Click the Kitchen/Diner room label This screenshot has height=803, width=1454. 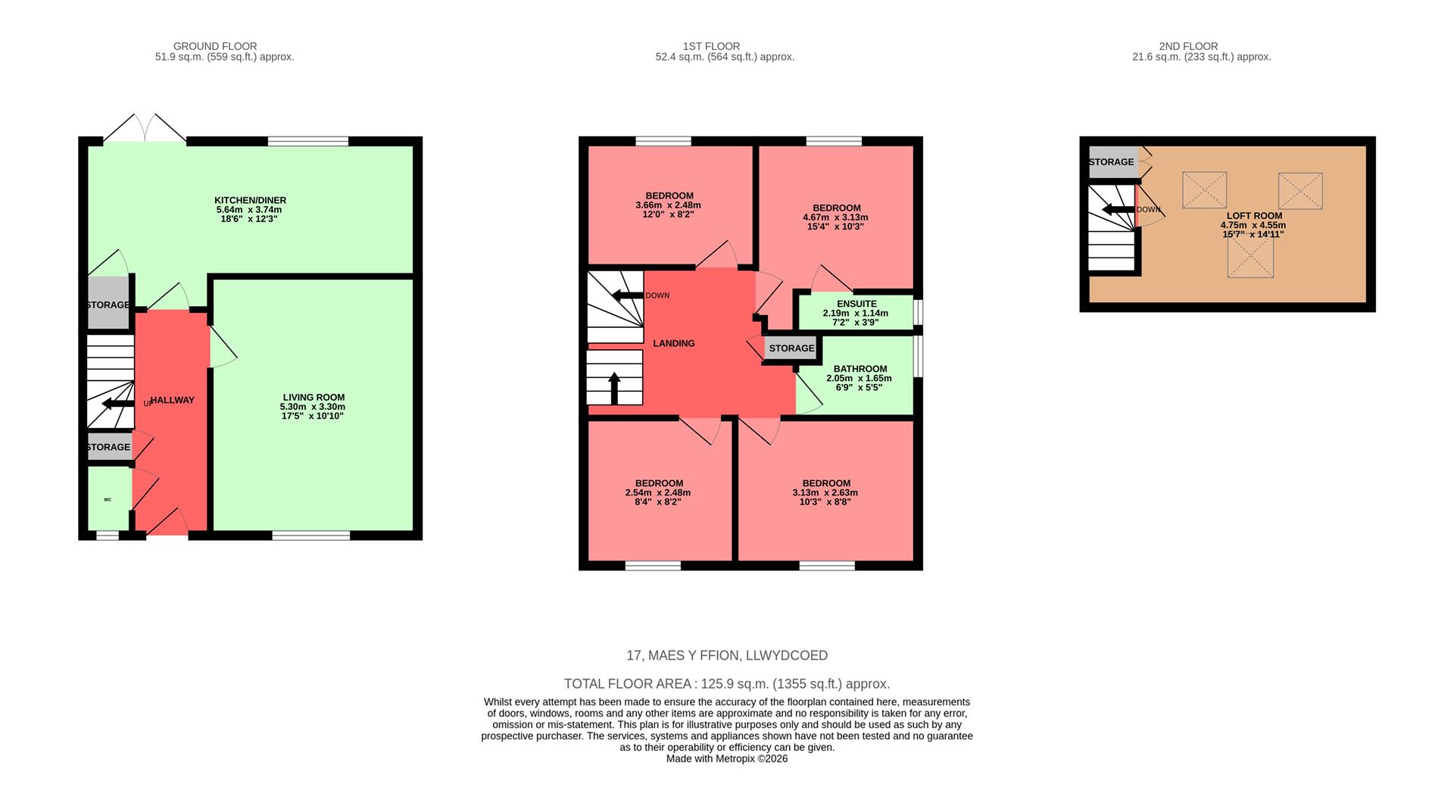click(250, 200)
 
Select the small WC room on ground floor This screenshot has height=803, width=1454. click(108, 498)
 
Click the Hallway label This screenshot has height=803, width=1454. click(173, 400)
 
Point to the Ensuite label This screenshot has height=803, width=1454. click(856, 304)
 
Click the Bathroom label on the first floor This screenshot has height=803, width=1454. click(860, 369)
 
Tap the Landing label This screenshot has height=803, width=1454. click(673, 343)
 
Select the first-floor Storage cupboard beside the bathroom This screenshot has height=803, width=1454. click(791, 348)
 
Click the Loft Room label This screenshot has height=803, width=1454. click(1254, 216)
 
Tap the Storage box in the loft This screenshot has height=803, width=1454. click(1112, 161)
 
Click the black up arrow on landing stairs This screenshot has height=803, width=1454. click(614, 388)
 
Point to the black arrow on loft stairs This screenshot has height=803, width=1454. click(1117, 210)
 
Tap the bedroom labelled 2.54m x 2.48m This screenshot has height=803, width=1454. click(659, 492)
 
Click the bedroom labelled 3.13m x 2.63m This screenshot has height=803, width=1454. click(825, 492)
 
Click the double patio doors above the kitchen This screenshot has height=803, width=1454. click(145, 129)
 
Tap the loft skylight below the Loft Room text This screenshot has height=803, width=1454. click(1250, 258)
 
